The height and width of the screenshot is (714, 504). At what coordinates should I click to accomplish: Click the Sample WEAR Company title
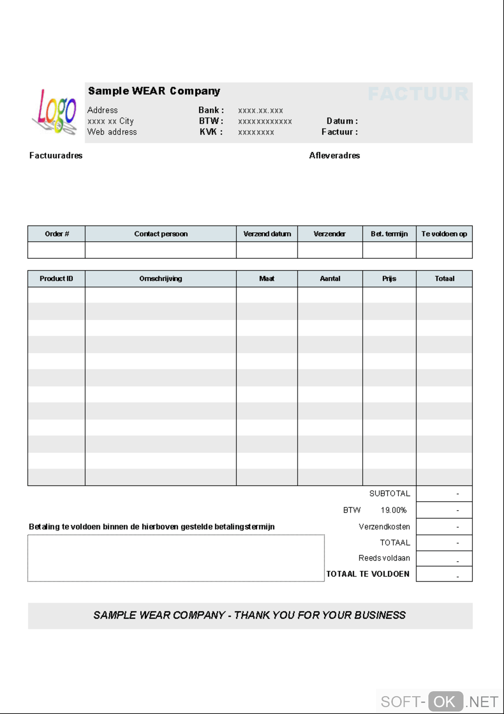154,91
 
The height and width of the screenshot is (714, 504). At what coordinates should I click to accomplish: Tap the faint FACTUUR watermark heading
418,94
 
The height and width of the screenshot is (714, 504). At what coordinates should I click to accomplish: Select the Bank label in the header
211,110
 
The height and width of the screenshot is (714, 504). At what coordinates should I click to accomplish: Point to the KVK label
211,132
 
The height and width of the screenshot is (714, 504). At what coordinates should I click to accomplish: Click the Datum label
342,121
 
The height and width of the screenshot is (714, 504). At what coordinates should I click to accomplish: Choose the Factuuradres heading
56,155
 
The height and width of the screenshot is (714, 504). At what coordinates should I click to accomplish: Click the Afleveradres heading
335,155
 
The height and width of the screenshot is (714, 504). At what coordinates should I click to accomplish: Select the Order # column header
57,234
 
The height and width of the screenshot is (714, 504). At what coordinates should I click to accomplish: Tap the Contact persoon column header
161,234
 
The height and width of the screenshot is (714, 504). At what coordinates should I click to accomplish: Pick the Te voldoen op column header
444,234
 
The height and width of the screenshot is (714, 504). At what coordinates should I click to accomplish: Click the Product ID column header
56,279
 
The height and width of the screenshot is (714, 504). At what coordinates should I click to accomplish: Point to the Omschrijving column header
161,279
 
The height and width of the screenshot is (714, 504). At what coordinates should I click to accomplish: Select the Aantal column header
330,279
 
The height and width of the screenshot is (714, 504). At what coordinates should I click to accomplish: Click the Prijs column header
389,279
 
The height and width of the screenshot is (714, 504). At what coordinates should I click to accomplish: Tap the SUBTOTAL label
389,494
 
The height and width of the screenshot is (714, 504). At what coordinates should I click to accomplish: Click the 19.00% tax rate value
393,510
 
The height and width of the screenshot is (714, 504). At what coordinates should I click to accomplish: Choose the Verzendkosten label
384,526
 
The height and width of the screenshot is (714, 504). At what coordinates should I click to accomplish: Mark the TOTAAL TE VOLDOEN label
368,574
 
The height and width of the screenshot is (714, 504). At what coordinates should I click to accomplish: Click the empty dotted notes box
176,558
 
